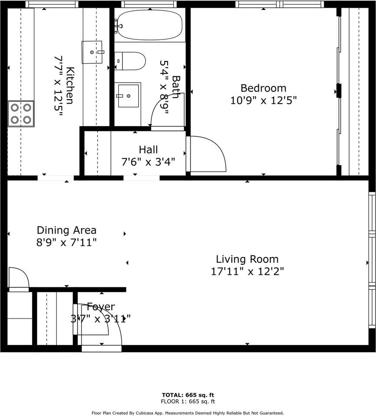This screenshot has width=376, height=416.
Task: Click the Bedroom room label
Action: click(x=263, y=88)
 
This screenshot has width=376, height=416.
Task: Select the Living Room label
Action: click(x=247, y=259)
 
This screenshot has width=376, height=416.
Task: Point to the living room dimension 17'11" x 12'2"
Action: click(x=247, y=272)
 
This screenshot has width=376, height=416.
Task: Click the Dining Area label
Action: click(x=66, y=230)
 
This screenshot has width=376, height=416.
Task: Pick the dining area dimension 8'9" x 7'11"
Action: click(x=66, y=242)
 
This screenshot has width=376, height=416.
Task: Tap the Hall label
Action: click(x=148, y=150)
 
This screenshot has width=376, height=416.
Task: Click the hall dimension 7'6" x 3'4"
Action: click(x=148, y=162)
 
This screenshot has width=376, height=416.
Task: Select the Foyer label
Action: click(x=100, y=307)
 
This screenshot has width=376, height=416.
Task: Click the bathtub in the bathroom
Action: click(x=150, y=25)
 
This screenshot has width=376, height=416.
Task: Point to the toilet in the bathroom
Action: click(x=130, y=61)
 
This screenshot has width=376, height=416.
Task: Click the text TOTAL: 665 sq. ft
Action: click(x=188, y=395)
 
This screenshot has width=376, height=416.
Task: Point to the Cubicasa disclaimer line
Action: click(x=188, y=413)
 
